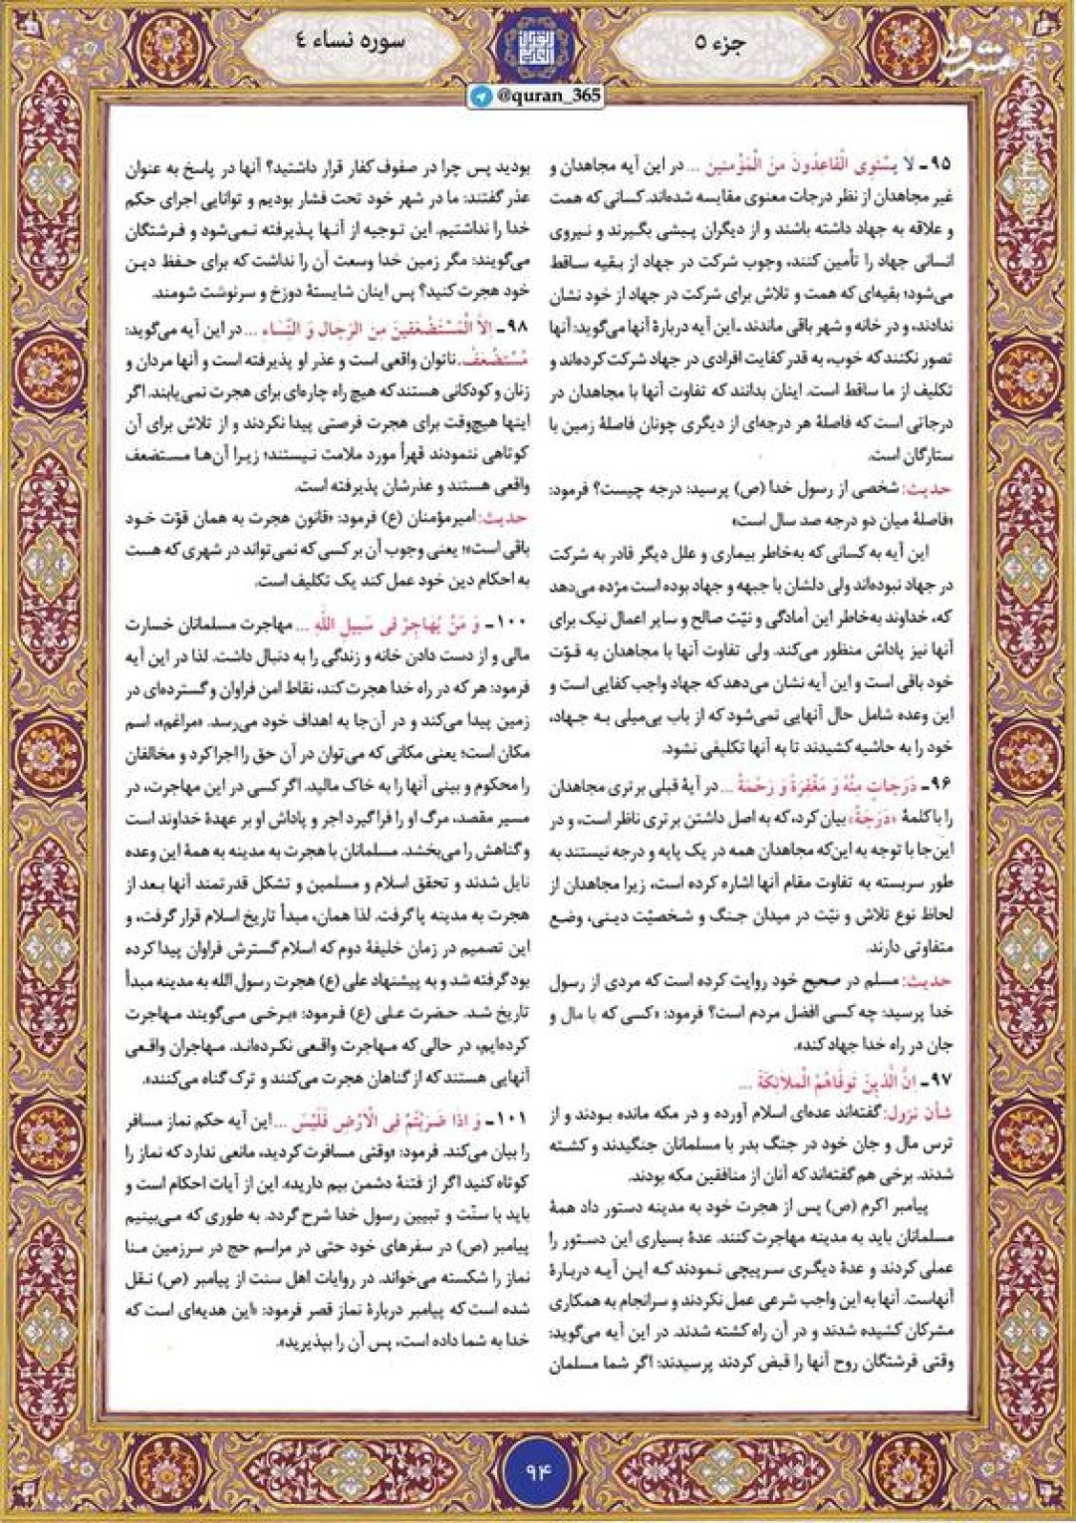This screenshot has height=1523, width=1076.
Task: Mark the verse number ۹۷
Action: point(940,1081)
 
